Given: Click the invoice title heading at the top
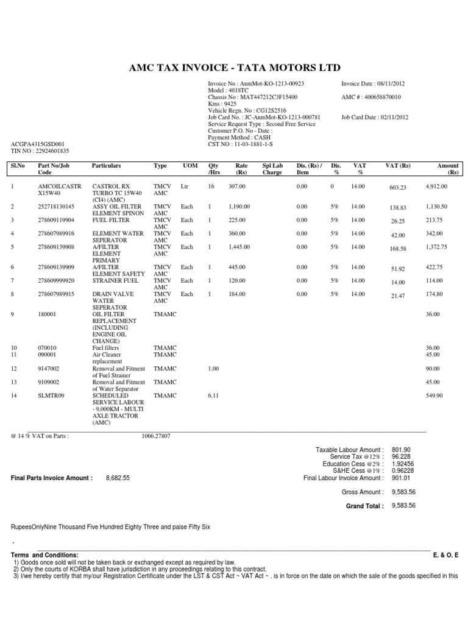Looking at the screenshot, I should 234,67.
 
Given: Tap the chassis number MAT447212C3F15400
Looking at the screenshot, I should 272,97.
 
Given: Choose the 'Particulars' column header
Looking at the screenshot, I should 106,166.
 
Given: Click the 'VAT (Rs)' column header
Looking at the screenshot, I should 398,166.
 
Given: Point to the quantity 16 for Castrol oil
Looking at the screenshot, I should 212,186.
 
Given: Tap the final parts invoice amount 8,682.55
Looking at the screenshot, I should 118,478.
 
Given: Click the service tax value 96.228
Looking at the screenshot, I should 400,456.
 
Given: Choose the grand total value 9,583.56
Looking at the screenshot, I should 403,506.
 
